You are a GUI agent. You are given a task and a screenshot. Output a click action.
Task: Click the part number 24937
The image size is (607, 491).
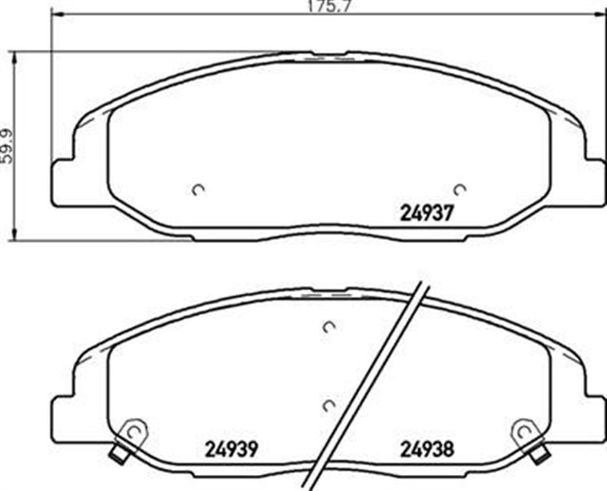pyautogui.click(x=426, y=213)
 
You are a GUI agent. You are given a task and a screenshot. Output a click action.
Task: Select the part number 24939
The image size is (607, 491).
pyautogui.click(x=231, y=449)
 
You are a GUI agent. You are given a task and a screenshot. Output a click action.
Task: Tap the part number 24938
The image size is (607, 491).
pyautogui.click(x=427, y=449)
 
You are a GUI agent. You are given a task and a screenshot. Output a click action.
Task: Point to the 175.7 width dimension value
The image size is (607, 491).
pyautogui.click(x=328, y=7)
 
